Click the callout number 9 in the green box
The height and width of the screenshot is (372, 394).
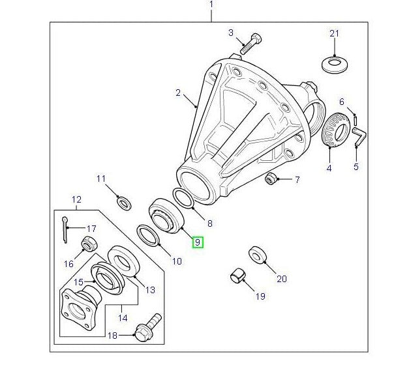(x=198, y=242)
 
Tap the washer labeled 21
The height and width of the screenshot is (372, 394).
(x=334, y=64)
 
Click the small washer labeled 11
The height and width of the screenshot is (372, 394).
(x=122, y=201)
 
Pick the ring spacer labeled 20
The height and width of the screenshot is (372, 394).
(x=257, y=255)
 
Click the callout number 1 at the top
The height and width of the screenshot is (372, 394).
(x=211, y=5)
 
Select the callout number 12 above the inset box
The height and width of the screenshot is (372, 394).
(x=76, y=199)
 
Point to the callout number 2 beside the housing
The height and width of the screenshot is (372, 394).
(x=177, y=93)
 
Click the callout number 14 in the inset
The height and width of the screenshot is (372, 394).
(x=122, y=318)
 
